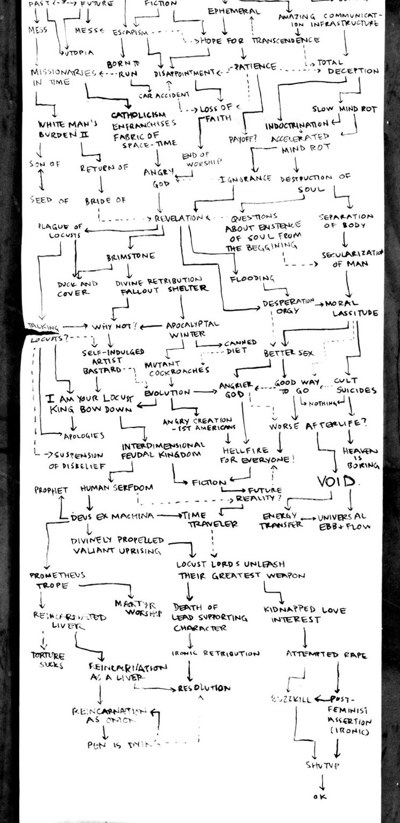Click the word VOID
tap(337, 482)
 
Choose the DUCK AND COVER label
tap(78, 288)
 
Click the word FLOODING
tap(253, 279)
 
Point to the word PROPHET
tap(51, 490)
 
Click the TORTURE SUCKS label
tap(48, 660)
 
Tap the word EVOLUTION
tap(167, 393)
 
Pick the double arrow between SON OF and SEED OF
tap(42, 183)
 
